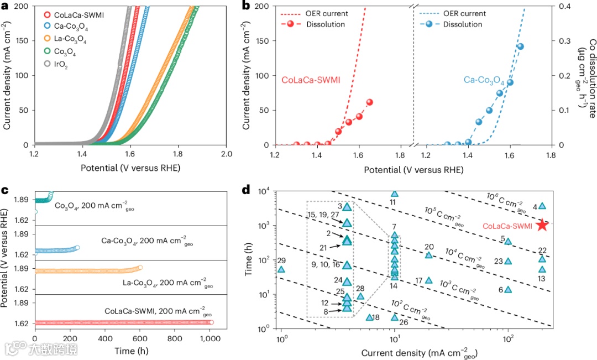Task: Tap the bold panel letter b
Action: click(246, 6)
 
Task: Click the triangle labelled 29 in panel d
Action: click(281, 269)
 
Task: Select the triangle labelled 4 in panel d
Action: click(542, 206)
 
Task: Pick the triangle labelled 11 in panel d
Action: click(394, 194)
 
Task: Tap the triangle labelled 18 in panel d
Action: click(370, 317)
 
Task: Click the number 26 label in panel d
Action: click(404, 322)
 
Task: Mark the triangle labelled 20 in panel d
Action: click(428, 255)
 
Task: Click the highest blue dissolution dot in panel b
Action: click(520, 46)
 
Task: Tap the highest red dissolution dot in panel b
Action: click(369, 102)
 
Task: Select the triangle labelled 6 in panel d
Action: click(508, 289)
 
